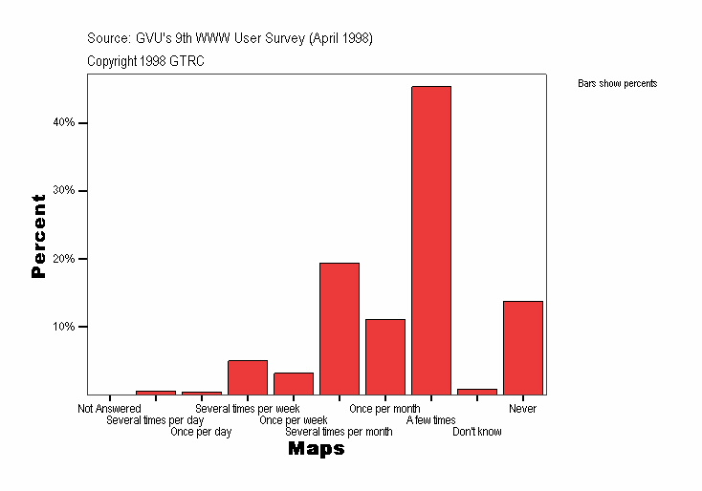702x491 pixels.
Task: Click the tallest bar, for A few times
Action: (431, 240)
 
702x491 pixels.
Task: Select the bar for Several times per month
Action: (340, 328)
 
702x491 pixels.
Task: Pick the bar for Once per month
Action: (385, 356)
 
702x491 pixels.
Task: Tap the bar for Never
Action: (523, 347)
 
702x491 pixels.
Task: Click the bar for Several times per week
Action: (248, 377)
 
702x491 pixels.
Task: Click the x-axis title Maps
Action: (317, 449)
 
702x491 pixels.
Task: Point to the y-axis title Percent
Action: (38, 236)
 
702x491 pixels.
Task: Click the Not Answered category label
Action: (109, 409)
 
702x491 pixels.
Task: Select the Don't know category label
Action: (477, 432)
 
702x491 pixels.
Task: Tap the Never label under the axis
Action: (523, 409)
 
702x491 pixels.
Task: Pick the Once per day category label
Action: (201, 432)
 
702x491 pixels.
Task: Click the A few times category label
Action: (431, 420)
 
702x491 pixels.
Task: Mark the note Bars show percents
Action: (618, 84)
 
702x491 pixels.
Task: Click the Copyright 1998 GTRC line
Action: (145, 61)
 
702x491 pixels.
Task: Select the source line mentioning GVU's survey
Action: (230, 38)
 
